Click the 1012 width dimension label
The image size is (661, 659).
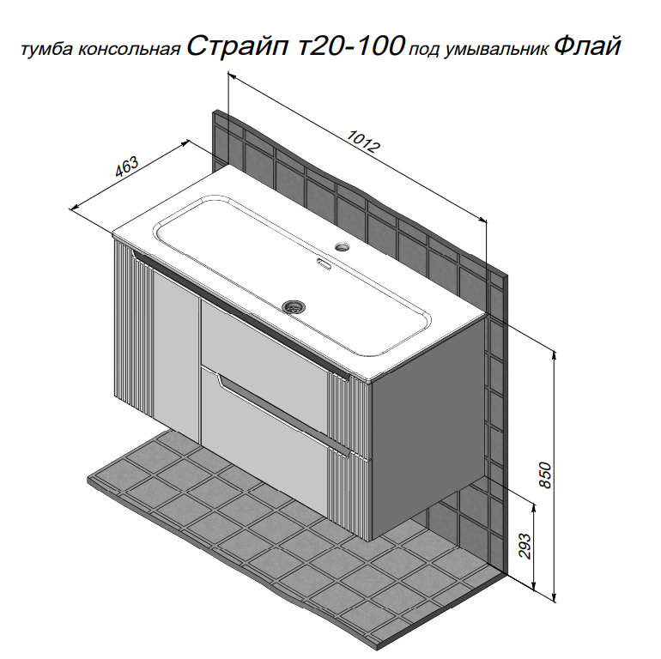pos(363,141)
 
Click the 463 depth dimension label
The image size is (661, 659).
pos(127,166)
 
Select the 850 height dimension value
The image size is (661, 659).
pos(545,475)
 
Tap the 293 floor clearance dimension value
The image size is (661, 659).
pos(525,546)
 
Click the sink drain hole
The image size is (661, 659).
pos(294,306)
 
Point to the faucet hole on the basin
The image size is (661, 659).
pos(343,245)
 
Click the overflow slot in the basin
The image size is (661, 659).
pos(324,263)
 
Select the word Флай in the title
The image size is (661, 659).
pos(587,45)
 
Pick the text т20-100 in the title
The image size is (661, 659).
pos(351,45)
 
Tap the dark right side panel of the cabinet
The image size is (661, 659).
pos(428,426)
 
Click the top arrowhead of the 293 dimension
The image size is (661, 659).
pos(534,506)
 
